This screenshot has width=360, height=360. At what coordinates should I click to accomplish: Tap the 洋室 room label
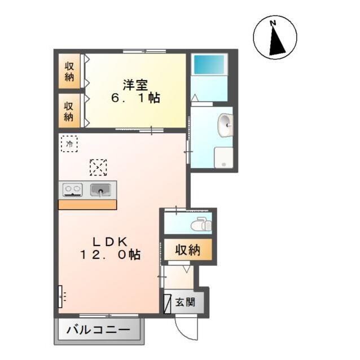(x=135, y=85)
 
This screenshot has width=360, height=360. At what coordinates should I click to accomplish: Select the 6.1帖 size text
(x=135, y=98)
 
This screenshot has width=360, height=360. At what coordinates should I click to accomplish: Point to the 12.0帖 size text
(x=109, y=254)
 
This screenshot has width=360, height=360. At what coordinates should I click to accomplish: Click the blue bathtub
(x=209, y=64)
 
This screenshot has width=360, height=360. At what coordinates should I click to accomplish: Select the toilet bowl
(x=200, y=225)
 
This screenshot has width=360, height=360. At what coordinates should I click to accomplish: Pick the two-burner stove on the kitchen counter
(x=72, y=190)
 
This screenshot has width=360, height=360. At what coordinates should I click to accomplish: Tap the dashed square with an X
(x=98, y=167)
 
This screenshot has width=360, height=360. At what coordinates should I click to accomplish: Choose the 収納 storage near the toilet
(x=187, y=251)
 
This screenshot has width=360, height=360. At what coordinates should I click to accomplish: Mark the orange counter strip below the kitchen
(x=87, y=204)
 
